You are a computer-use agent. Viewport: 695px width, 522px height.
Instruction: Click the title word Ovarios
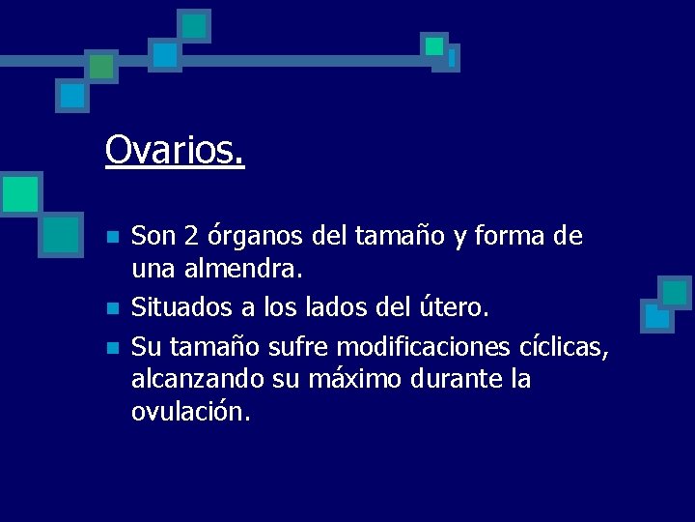(x=175, y=150)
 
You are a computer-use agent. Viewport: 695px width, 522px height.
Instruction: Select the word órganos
(x=252, y=236)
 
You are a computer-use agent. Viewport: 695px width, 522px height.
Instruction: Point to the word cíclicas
(x=564, y=345)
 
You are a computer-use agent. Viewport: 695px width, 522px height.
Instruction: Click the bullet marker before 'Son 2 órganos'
(x=112, y=237)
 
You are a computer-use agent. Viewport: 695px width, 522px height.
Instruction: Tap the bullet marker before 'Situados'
(x=112, y=308)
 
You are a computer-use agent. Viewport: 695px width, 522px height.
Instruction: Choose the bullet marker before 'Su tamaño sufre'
(x=112, y=346)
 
